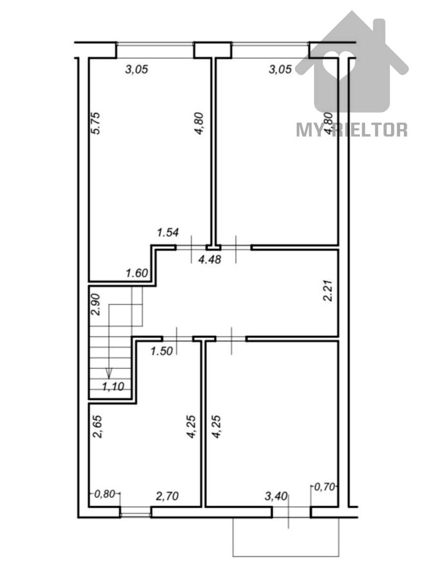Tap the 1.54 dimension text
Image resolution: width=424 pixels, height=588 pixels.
[168, 233]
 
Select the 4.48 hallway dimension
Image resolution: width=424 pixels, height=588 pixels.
[210, 260]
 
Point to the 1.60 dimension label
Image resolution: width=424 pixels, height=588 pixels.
[137, 273]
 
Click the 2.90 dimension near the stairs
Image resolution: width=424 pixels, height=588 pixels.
[95, 304]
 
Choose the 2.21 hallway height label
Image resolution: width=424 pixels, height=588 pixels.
[328, 291]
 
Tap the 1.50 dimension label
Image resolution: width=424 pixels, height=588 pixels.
[162, 351]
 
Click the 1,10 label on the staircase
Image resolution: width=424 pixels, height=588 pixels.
[113, 387]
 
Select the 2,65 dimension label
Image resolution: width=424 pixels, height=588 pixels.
[98, 430]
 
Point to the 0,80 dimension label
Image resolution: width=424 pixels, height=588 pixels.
[104, 494]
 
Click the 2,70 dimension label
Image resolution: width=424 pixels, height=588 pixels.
[167, 496]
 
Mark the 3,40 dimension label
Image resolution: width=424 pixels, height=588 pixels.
[275, 497]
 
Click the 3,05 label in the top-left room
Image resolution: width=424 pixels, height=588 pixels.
[137, 70]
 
